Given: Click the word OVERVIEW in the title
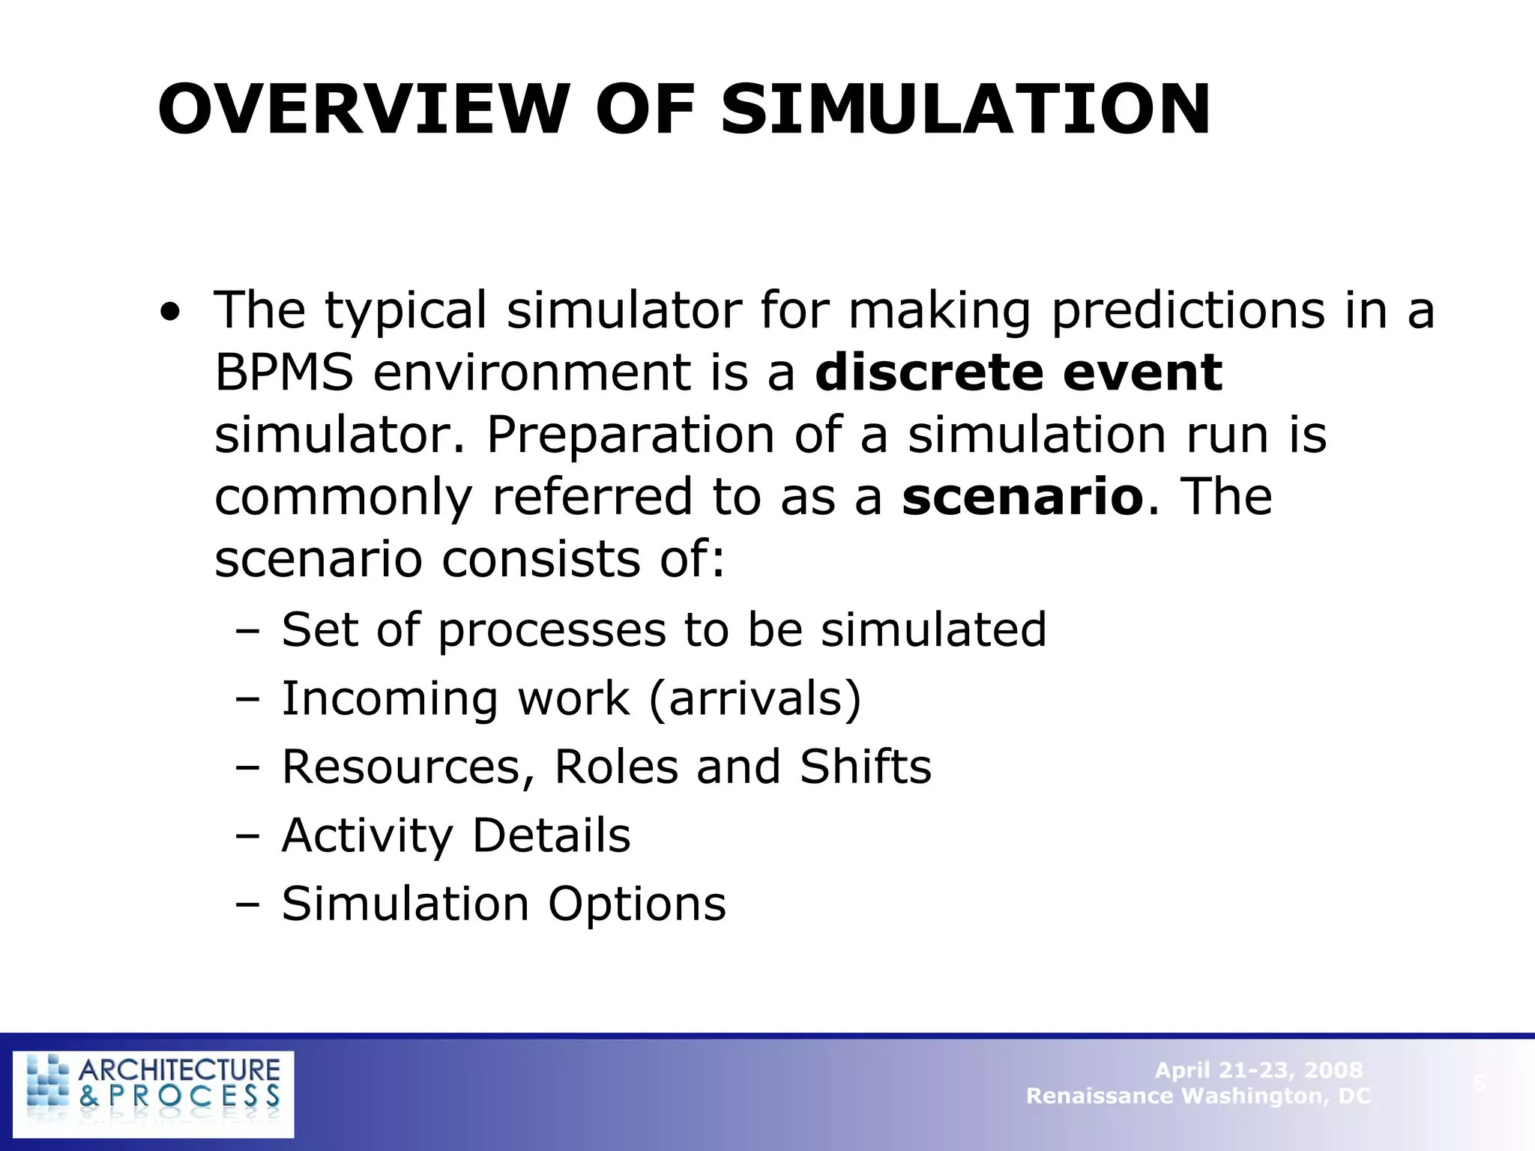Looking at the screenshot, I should click(360, 109).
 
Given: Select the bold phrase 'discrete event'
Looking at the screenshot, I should click(1018, 372).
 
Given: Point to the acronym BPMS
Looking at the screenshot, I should click(283, 372).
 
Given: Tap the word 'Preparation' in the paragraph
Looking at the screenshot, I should click(630, 435).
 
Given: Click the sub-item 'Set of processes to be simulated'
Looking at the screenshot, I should click(663, 629).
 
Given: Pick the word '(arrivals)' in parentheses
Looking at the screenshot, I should click(755, 699).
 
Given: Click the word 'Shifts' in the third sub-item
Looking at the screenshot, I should click(866, 767).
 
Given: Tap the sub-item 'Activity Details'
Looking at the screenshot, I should click(456, 836).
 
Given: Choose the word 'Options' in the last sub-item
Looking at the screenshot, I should click(637, 904).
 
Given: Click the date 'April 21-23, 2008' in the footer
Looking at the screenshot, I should click(1258, 1070).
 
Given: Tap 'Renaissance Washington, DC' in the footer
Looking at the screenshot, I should click(1198, 1096).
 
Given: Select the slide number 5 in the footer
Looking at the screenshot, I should click(1479, 1083).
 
